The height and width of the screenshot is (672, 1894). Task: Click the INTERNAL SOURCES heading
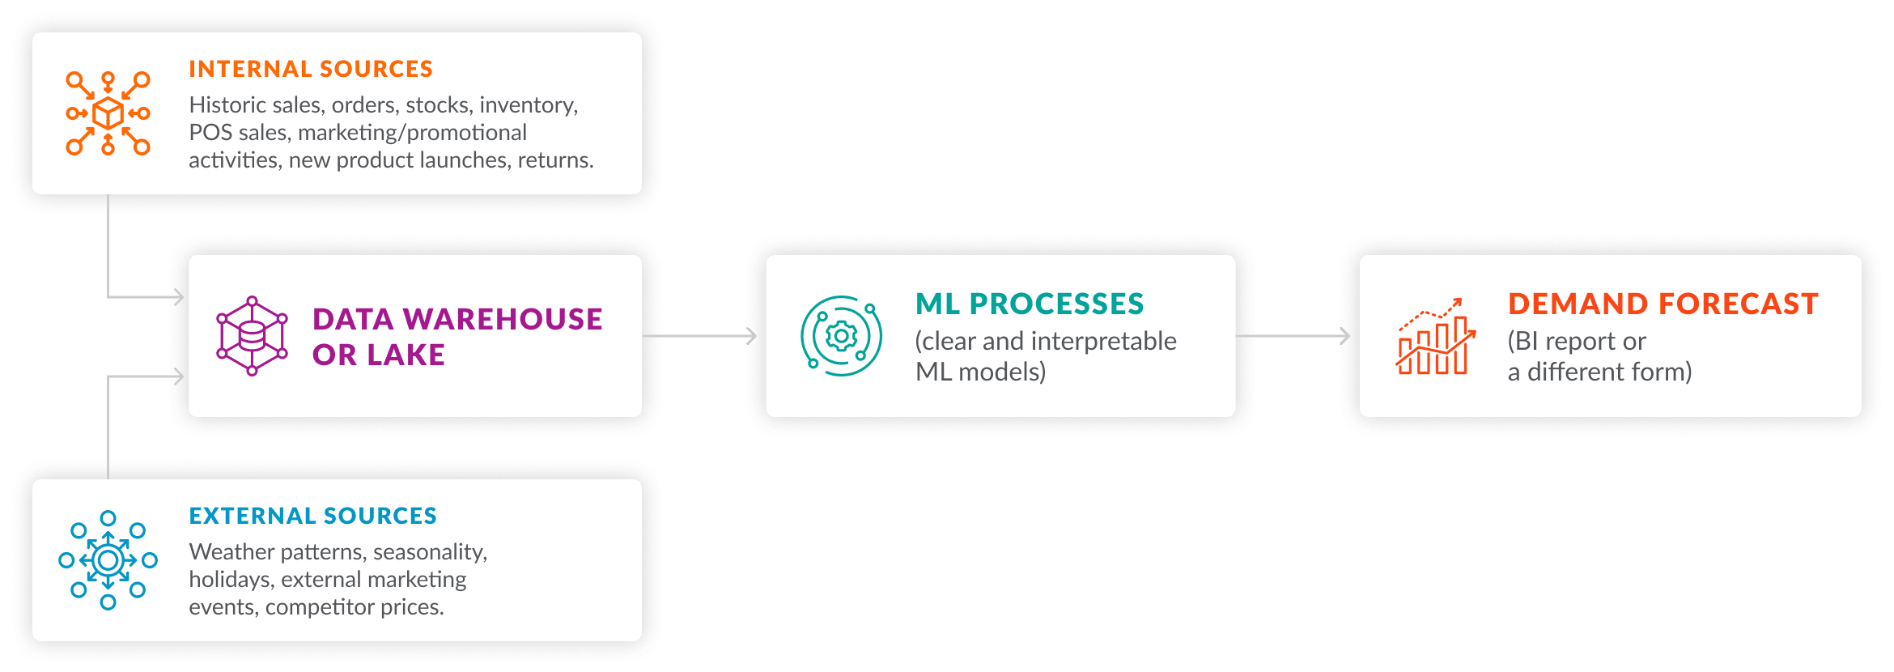point(311,70)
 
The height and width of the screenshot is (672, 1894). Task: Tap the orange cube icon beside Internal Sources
point(108,113)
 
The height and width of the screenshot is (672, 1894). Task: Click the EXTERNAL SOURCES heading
point(312,517)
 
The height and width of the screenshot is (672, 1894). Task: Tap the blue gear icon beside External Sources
point(108,560)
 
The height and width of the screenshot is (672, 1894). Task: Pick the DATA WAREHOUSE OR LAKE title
point(457,337)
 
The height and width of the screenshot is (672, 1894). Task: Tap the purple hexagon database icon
point(252,336)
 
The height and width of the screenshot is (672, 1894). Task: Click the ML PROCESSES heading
point(1030,304)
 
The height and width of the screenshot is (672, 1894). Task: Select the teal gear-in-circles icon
point(841,336)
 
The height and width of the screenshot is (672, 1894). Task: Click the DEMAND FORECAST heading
point(1663,304)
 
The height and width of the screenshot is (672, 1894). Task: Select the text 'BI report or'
point(1577,342)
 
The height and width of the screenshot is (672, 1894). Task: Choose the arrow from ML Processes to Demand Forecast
point(1293,335)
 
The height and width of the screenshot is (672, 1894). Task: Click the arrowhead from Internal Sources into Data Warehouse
point(179,297)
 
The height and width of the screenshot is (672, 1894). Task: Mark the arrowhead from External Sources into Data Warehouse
point(179,376)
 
